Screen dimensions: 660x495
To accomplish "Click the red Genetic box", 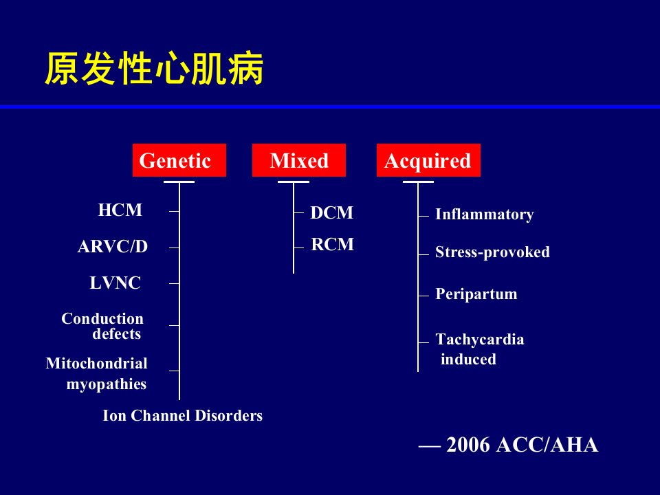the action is pyautogui.click(x=179, y=160).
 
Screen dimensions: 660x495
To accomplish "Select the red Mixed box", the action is pyautogui.click(x=299, y=160).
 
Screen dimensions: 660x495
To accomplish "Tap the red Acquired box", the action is pyautogui.click(x=428, y=160).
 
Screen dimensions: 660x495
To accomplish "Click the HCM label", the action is pyautogui.click(x=120, y=210).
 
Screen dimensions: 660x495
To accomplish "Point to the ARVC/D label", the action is pyautogui.click(x=113, y=247).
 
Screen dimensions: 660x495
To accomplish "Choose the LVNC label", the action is pyautogui.click(x=115, y=283).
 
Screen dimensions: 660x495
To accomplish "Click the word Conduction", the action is pyautogui.click(x=102, y=318).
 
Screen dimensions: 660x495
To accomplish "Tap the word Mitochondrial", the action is pyautogui.click(x=96, y=363).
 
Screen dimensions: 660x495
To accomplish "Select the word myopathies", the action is pyautogui.click(x=107, y=384).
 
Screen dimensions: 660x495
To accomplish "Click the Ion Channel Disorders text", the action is pyautogui.click(x=183, y=416).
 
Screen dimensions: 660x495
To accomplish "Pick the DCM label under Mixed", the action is pyautogui.click(x=332, y=212).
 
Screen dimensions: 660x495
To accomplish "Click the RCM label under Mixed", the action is pyautogui.click(x=333, y=245).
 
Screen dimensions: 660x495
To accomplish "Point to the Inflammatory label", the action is pyautogui.click(x=485, y=214).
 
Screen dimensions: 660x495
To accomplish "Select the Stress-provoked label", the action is pyautogui.click(x=492, y=252).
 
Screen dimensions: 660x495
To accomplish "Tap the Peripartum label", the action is pyautogui.click(x=476, y=294).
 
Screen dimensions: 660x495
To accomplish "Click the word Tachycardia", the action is pyautogui.click(x=480, y=340).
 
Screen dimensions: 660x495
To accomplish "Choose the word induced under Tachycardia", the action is pyautogui.click(x=468, y=359).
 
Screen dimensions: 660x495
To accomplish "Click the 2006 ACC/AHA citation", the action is pyautogui.click(x=509, y=445).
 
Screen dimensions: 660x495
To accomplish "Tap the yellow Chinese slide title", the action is pyautogui.click(x=154, y=69).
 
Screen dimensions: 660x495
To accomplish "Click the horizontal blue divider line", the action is pyautogui.click(x=330, y=107).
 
